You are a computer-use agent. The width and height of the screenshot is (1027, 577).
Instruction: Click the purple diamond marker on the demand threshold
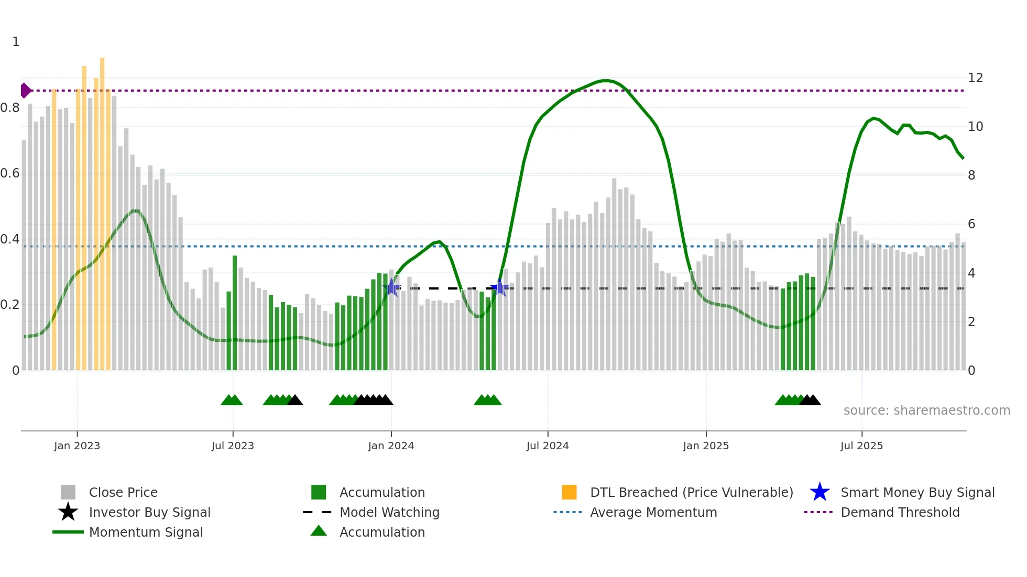tap(25, 91)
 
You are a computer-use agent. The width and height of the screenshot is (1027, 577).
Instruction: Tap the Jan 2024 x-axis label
tap(391, 446)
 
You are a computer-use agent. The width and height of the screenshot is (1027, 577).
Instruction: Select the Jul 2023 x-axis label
tap(233, 446)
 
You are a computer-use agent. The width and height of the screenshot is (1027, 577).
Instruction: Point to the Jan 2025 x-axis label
tap(706, 446)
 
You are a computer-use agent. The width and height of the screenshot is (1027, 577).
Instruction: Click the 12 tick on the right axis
tap(975, 78)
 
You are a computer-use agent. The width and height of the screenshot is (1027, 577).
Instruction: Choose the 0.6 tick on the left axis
tap(10, 173)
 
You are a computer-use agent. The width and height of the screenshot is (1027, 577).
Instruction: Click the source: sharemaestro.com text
tap(926, 410)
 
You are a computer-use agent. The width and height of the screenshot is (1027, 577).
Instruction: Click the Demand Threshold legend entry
tap(900, 512)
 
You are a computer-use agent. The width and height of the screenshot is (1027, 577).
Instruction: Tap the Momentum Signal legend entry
tap(146, 532)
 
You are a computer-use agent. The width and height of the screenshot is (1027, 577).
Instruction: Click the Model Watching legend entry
tap(389, 512)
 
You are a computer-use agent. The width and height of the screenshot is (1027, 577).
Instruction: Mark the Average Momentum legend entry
tap(653, 512)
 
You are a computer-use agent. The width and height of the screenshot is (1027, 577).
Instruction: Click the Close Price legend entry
tap(123, 492)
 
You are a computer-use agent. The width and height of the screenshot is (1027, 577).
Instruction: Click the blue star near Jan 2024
tap(391, 287)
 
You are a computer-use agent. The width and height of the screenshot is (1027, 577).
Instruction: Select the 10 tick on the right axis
tap(975, 127)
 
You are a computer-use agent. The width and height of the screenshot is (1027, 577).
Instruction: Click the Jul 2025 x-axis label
tap(861, 446)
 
